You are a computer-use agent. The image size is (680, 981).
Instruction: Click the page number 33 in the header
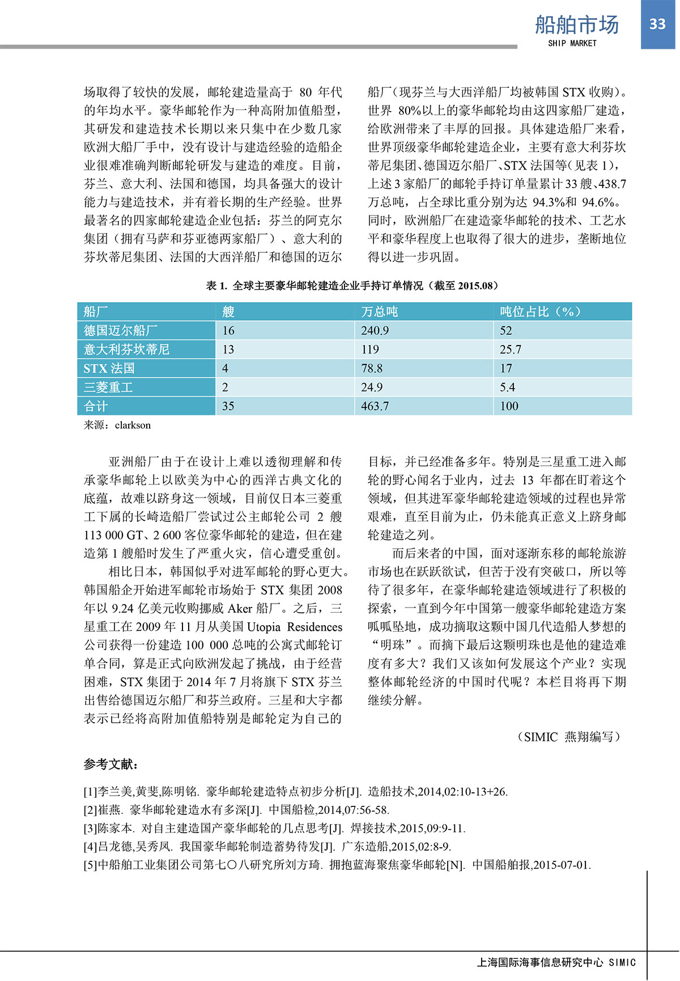pos(657,24)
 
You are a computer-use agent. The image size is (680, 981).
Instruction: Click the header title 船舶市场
pos(577,25)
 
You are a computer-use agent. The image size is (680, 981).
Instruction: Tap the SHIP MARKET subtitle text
pos(572,43)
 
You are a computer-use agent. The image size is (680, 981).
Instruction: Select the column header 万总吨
pos(380,311)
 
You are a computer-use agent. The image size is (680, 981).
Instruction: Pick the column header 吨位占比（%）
pos(540,311)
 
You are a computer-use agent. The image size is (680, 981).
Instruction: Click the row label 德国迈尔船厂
pos(121,330)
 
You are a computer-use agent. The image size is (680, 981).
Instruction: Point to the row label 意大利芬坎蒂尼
pos(126,349)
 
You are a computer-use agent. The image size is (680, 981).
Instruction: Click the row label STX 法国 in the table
pos(109,368)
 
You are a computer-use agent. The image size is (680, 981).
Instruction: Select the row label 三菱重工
pos(108,387)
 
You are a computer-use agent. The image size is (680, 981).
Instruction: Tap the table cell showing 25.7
pos(510,349)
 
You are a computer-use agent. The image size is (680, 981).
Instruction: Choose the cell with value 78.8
pos(372,368)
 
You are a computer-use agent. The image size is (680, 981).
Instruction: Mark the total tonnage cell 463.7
pos(375,406)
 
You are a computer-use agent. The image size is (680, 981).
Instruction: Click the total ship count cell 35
pos(228,406)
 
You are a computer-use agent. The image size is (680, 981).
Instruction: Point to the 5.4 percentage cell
pos(507,387)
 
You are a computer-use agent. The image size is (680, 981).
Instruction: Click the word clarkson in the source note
pos(133,425)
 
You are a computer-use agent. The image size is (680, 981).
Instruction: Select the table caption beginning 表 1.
pos(352,286)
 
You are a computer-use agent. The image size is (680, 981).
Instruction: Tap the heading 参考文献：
pos(110,765)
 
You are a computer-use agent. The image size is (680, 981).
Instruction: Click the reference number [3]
pos(91,829)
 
